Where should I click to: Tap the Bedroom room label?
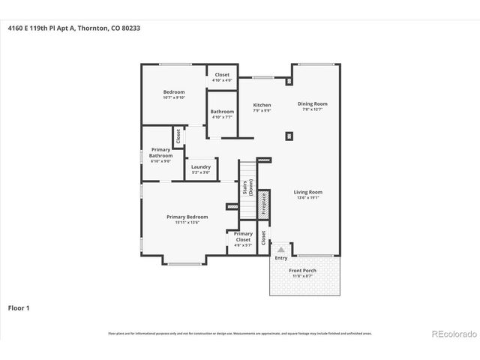pos(173,92)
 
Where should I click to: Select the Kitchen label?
pos(262,105)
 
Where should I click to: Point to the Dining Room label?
pos(313,104)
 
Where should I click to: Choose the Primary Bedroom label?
pos(187,217)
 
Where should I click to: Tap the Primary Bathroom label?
pos(161,153)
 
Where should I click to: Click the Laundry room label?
pos(200,166)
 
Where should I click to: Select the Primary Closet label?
pos(243,238)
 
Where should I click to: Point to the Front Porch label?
pos(304,271)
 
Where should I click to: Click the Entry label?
pos(280,258)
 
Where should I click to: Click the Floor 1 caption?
pos(18,307)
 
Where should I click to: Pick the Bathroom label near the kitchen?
pos(222,112)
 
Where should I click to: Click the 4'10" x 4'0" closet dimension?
pos(223,80)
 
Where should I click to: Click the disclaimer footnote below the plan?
pos(239,333)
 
